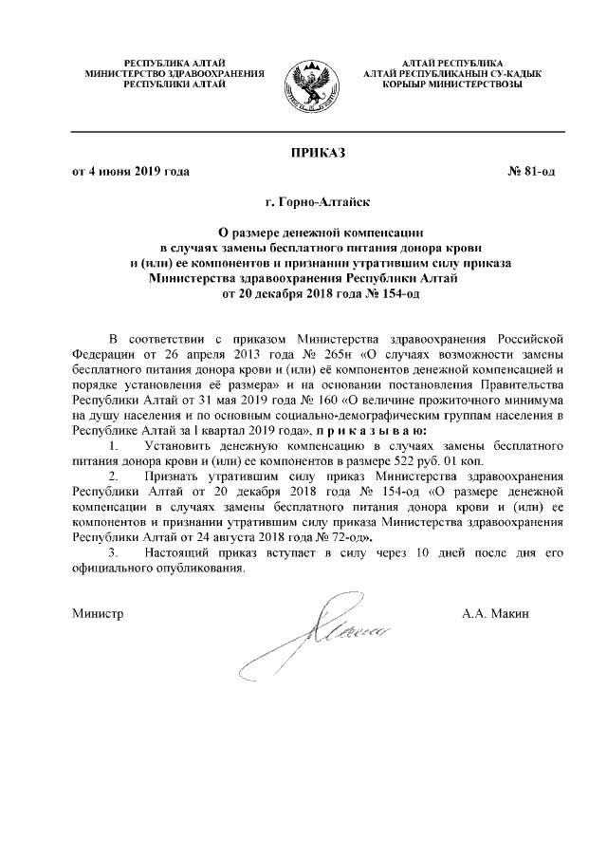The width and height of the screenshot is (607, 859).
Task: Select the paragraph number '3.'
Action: pyautogui.click(x=115, y=552)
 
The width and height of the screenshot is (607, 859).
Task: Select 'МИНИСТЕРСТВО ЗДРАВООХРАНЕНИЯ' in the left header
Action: pyautogui.click(x=175, y=73)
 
